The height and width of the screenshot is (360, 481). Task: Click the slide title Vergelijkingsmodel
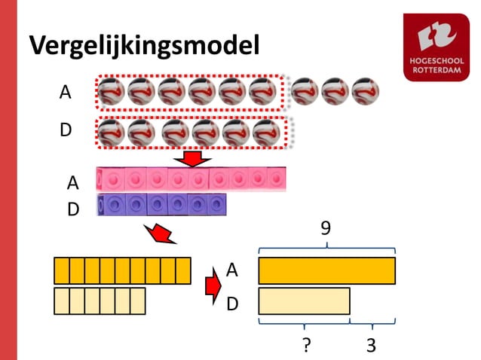144,46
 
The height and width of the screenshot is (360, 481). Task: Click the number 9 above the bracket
326,227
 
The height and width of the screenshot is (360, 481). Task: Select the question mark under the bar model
307,345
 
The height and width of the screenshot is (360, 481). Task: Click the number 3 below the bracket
371,345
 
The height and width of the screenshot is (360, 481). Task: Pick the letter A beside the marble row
66,93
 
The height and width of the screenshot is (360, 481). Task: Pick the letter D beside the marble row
66,130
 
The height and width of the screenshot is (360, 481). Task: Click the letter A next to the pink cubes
72,182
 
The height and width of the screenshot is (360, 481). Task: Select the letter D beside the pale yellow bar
233,303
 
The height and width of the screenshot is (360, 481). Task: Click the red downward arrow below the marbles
194,159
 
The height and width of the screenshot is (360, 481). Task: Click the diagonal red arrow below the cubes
163,233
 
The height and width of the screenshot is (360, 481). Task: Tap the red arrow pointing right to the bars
213,286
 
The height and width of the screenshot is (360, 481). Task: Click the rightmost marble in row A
366,92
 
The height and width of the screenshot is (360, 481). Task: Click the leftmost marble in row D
111,133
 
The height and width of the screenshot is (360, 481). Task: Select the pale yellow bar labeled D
304,301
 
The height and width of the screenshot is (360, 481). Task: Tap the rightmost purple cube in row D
216,205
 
